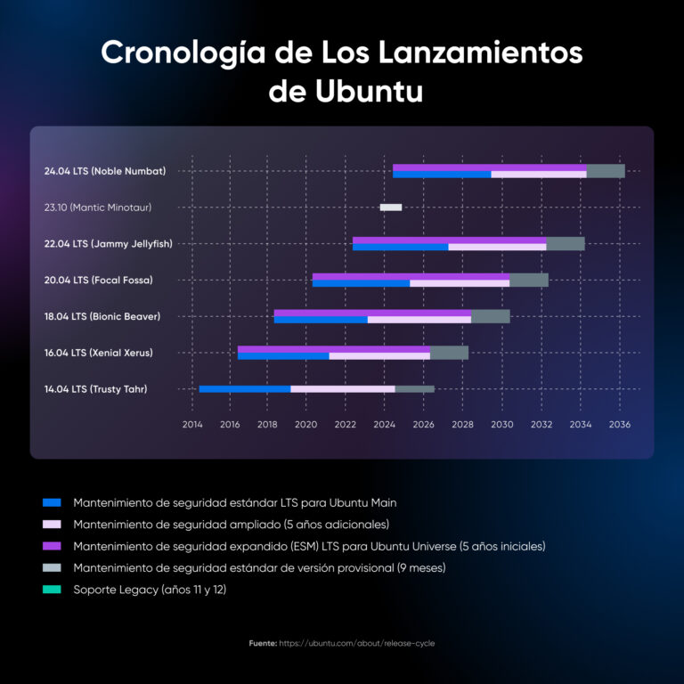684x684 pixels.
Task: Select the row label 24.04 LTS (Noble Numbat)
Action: click(x=104, y=171)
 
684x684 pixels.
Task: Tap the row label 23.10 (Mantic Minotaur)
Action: click(x=97, y=208)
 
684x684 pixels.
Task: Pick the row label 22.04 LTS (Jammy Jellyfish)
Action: click(x=108, y=243)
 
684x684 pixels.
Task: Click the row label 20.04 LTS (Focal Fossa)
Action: click(x=98, y=280)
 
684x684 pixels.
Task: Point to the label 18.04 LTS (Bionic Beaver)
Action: click(x=102, y=316)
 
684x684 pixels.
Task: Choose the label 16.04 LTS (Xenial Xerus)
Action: click(x=98, y=353)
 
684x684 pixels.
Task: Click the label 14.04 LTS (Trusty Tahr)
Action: click(x=95, y=388)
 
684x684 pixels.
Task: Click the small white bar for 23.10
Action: click(x=390, y=208)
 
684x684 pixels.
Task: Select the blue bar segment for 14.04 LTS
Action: click(x=245, y=388)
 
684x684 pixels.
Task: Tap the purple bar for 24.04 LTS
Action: click(x=489, y=167)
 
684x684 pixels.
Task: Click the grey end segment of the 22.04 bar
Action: click(x=565, y=243)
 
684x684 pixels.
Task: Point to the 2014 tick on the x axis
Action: click(x=191, y=425)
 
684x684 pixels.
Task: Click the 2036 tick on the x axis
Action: click(x=620, y=425)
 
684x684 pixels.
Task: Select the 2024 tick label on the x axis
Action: click(x=386, y=425)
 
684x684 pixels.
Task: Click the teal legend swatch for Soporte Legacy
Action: click(x=51, y=589)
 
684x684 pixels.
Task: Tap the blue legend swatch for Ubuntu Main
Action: click(x=51, y=502)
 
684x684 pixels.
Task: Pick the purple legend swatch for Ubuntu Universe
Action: click(x=51, y=546)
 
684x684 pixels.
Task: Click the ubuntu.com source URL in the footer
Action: click(x=356, y=643)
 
